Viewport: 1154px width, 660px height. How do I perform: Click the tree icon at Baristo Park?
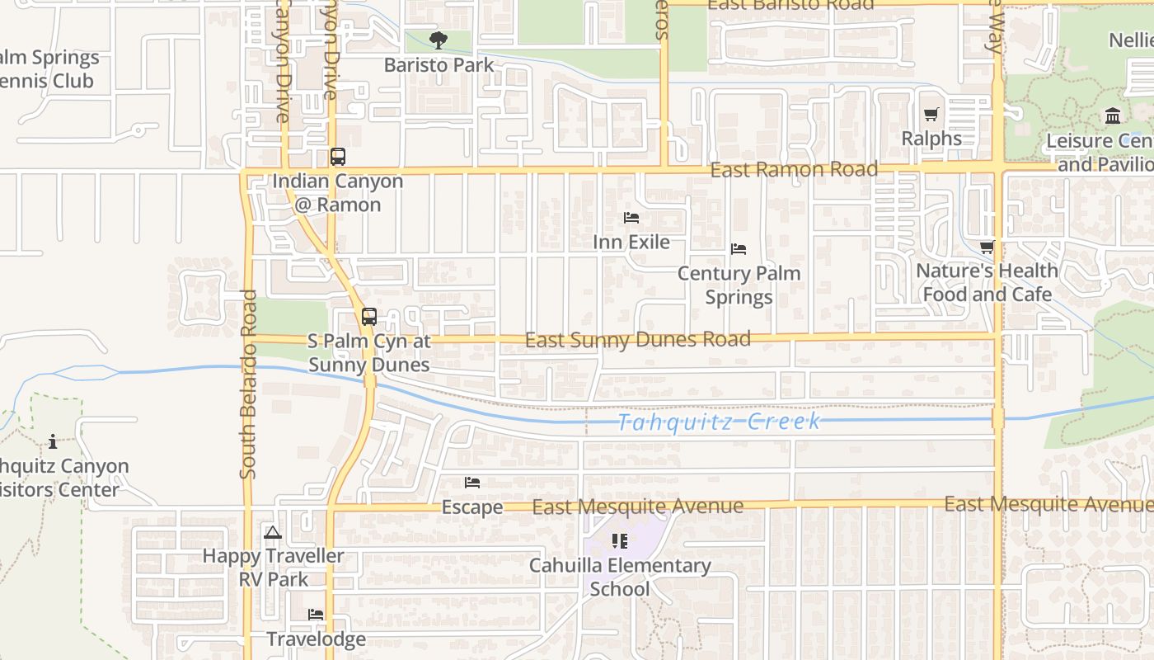pos(439,40)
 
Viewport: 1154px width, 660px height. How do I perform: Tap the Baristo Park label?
pos(439,65)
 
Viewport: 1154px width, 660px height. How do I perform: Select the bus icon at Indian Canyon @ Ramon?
pos(337,157)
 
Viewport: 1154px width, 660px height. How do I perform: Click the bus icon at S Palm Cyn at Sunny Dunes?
pos(368,317)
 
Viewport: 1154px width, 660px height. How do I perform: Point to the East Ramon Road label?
pos(793,170)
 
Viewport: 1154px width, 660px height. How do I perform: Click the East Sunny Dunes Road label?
pos(637,339)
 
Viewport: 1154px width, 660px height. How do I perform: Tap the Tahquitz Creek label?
pos(719,422)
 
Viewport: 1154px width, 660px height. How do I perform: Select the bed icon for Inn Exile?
pos(631,218)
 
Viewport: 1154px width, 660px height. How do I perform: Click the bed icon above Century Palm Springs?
pos(739,248)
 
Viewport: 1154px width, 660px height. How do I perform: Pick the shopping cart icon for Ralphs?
pos(931,115)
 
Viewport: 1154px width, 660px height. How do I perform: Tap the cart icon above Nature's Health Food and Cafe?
pos(987,247)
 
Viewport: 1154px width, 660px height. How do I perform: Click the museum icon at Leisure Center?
pos(1113,115)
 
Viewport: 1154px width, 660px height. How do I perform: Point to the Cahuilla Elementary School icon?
pos(619,541)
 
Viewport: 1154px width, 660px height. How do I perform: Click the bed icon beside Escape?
pos(472,482)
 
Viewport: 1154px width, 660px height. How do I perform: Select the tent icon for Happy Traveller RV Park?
pos(273,532)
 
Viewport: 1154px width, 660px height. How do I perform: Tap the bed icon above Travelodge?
pos(316,615)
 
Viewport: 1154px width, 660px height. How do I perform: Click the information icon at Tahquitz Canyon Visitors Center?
pos(53,441)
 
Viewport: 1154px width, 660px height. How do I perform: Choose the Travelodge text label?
pos(316,639)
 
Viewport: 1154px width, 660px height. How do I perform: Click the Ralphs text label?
pos(931,139)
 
